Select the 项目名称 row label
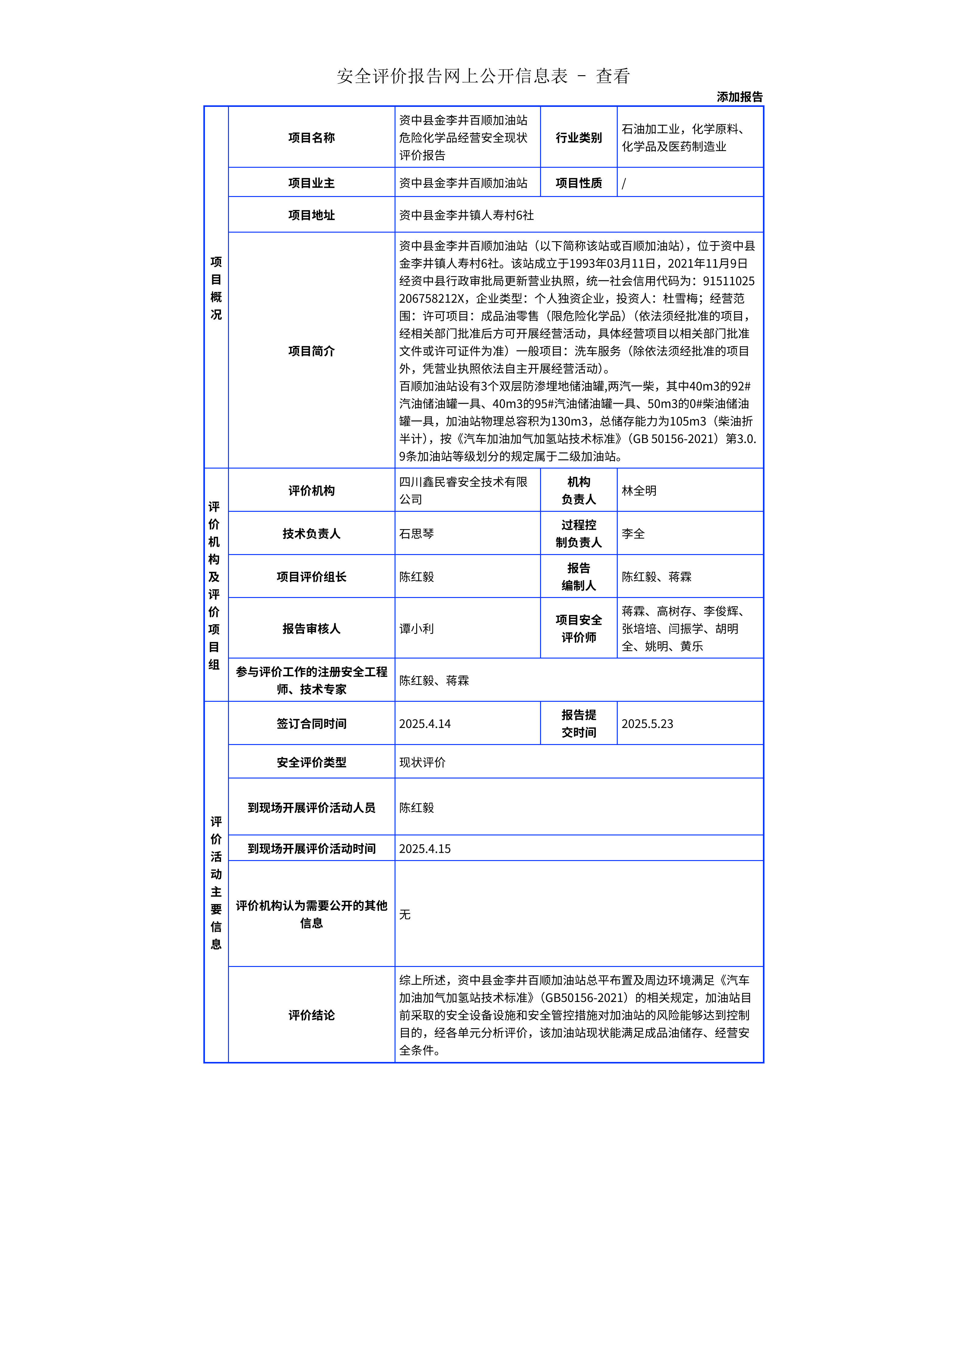(311, 138)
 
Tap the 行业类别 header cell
(578, 138)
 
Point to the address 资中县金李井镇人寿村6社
(466, 215)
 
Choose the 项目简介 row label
(311, 351)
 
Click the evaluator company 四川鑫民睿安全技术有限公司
(463, 490)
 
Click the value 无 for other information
(405, 914)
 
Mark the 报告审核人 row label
(311, 628)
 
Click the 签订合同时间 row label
(311, 723)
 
